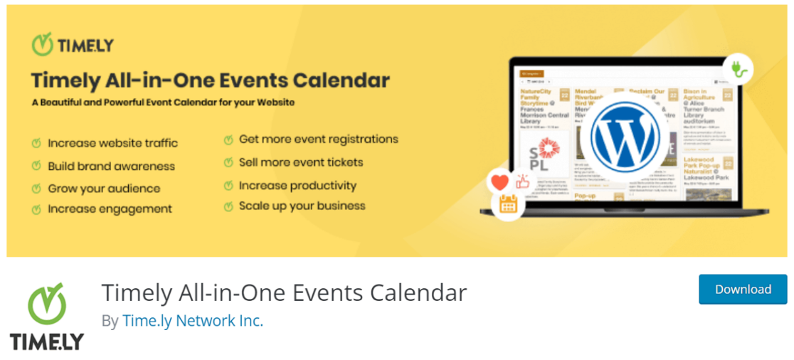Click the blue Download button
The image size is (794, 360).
pos(743,290)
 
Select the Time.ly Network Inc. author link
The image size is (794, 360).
pos(193,321)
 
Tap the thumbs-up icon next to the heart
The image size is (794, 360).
pos(524,181)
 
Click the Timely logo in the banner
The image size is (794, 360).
pos(73,45)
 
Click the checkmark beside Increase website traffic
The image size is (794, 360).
pos(36,144)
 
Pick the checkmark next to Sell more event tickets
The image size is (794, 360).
pos(228,163)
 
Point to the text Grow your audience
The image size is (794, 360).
pos(104,189)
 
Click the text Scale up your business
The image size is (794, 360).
pos(302,206)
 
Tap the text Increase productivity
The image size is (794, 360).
pos(297,186)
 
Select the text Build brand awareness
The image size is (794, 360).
pos(111,166)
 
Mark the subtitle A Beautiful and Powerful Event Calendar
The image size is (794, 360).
pos(163,102)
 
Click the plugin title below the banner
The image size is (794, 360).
pos(284,292)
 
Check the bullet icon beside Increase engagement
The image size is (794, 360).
pos(36,209)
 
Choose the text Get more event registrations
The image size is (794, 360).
pos(318,139)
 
